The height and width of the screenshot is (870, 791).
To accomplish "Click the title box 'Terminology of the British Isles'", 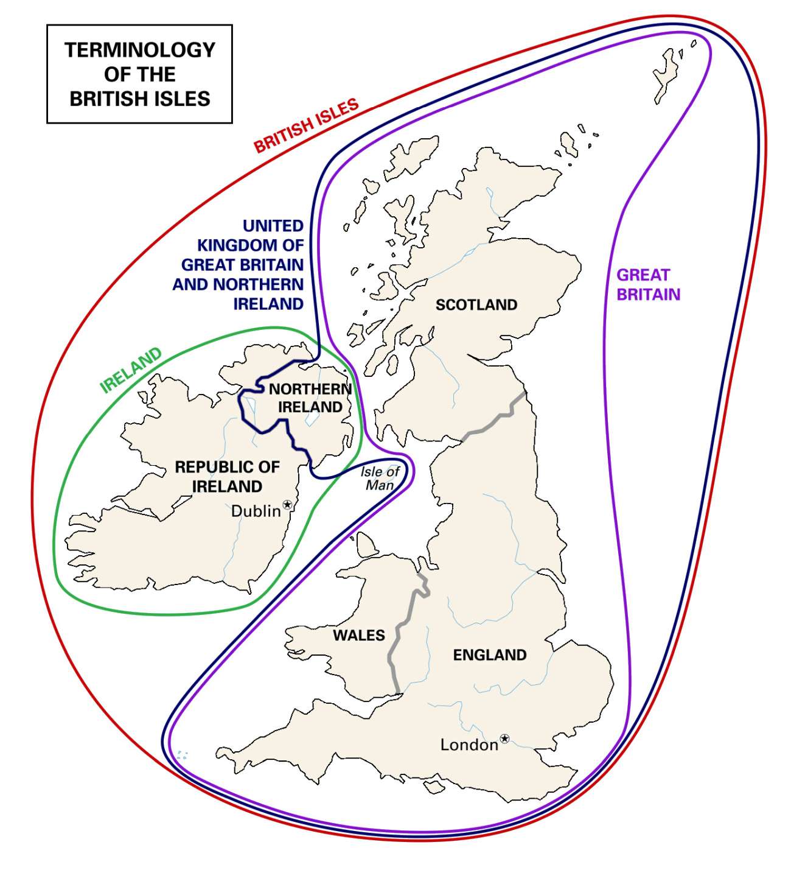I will tap(139, 74).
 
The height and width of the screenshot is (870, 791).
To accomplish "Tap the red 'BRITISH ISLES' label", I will tap(306, 126).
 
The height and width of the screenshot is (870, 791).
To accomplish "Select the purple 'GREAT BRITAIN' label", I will tap(648, 284).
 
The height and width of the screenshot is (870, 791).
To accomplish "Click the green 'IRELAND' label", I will tap(131, 370).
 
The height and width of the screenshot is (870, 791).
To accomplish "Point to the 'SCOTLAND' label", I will tap(476, 304).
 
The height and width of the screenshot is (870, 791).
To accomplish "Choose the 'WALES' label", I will tap(358, 635).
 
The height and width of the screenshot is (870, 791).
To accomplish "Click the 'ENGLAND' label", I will tap(489, 654).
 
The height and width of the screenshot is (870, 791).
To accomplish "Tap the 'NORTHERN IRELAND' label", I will tap(310, 398).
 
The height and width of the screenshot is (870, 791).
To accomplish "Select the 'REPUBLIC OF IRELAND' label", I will tap(227, 476).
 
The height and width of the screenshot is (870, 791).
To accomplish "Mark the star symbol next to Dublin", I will tap(287, 505).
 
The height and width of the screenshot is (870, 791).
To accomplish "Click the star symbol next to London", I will tap(504, 739).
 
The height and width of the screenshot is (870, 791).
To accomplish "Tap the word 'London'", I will tap(469, 745).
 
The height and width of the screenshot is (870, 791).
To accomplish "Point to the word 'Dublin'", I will tap(256, 511).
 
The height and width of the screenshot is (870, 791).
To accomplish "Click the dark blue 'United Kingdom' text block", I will tap(240, 264).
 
